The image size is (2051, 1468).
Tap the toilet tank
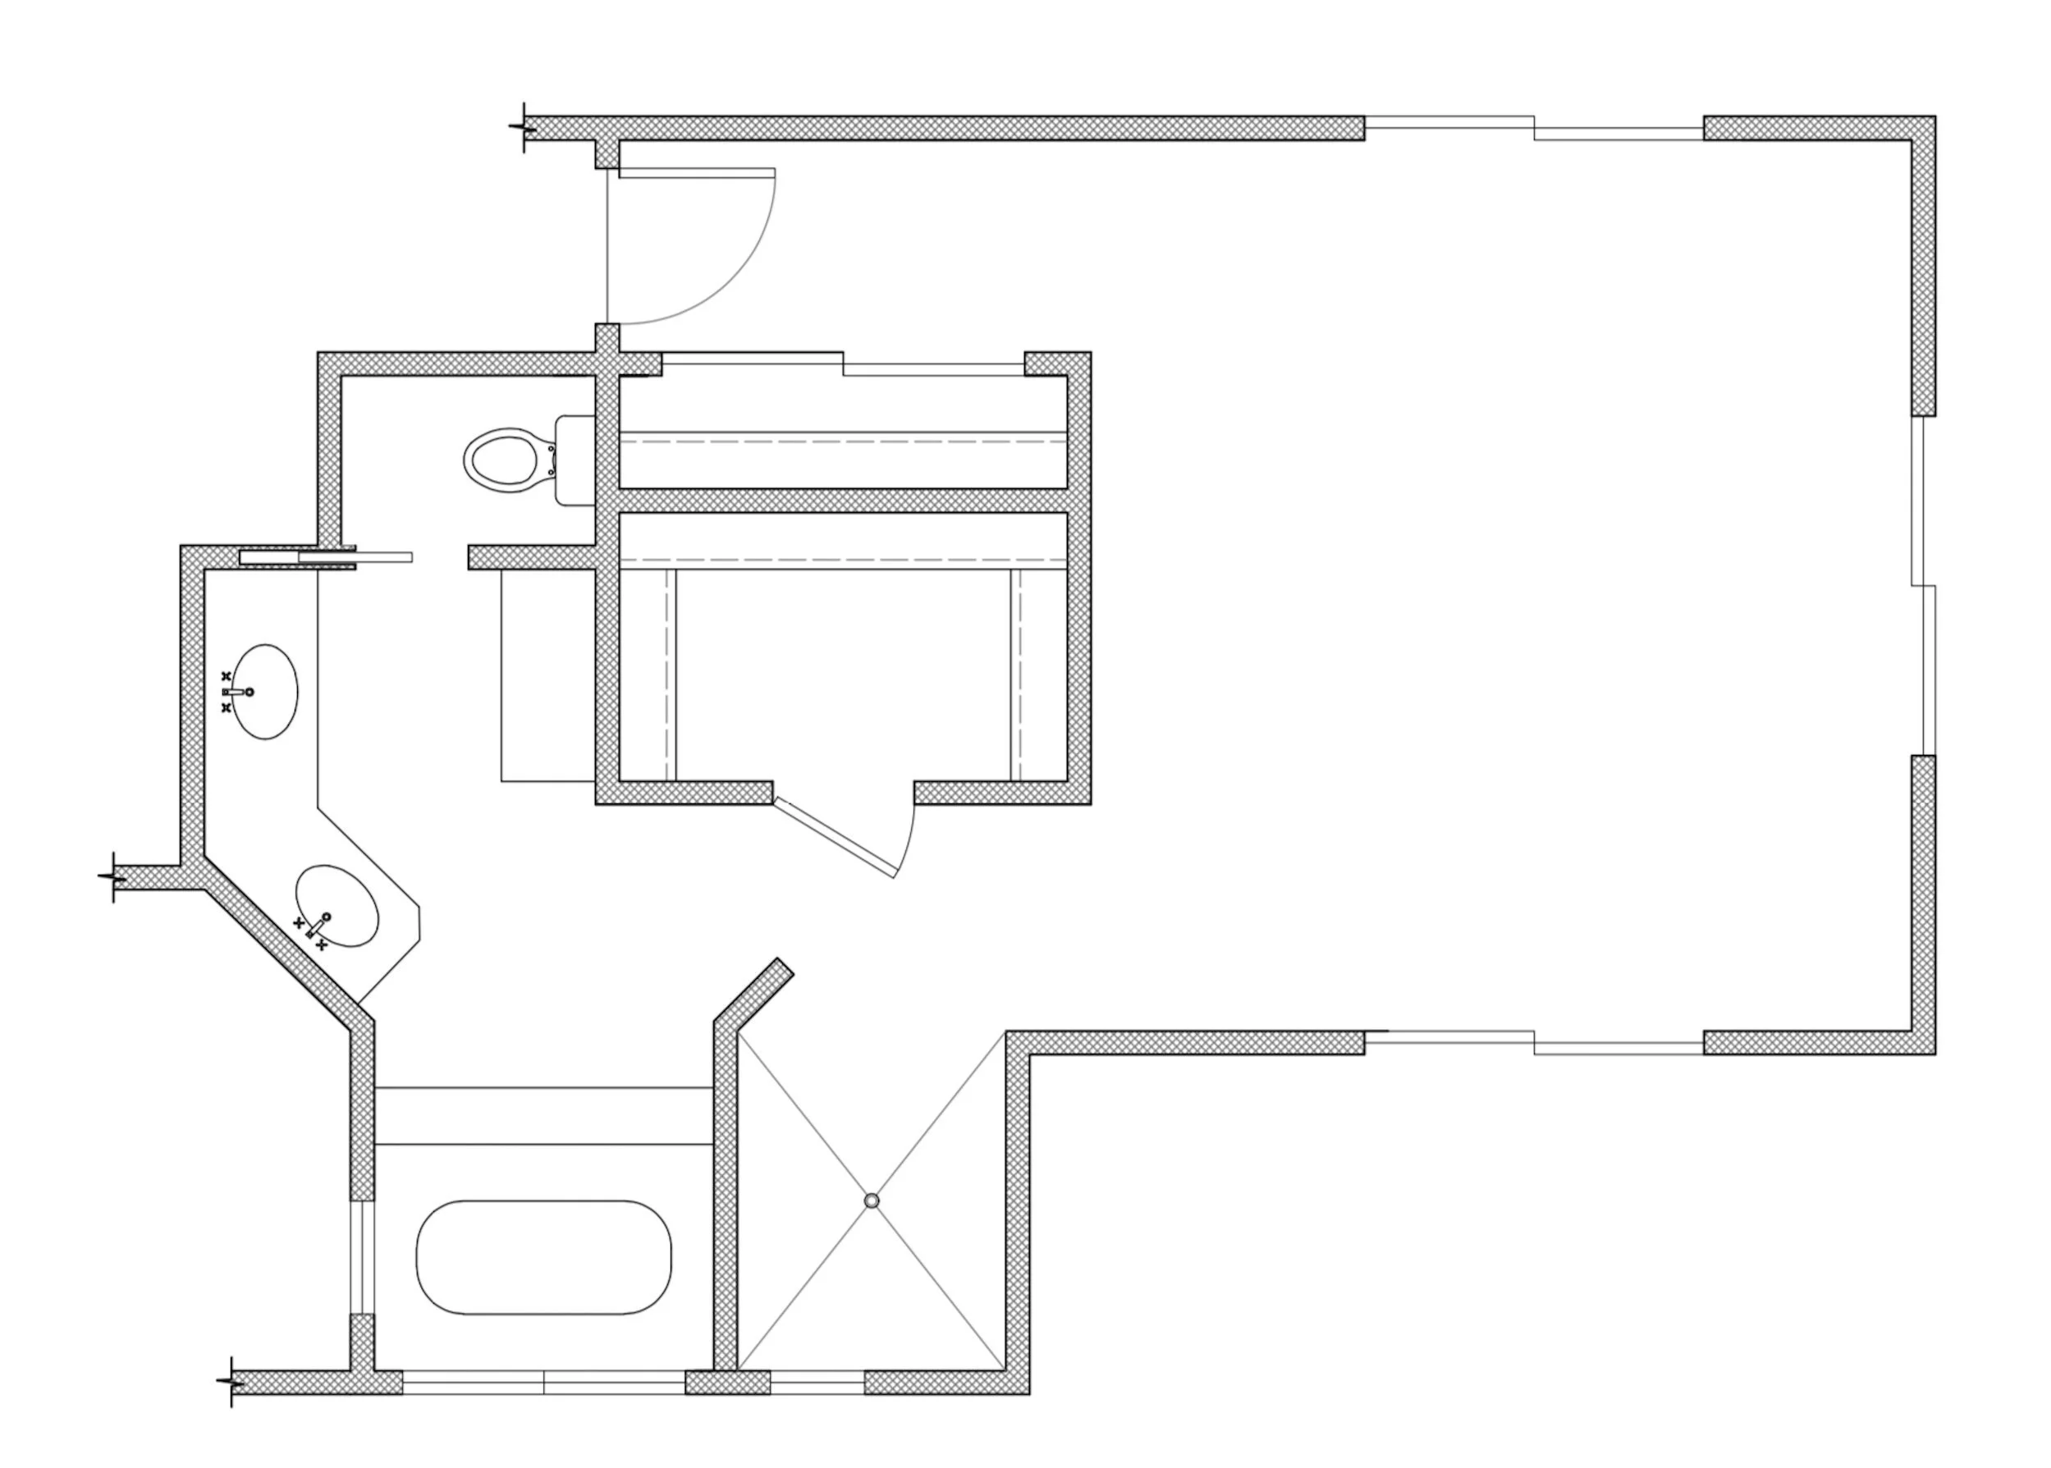(x=573, y=460)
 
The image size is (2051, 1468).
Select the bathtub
(x=543, y=1256)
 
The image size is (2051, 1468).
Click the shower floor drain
(x=872, y=1200)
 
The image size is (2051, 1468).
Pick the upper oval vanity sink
(x=267, y=692)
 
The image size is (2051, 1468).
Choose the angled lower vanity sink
(x=337, y=906)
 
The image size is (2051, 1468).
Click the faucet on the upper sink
(x=240, y=692)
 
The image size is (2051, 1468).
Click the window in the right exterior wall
(x=1924, y=585)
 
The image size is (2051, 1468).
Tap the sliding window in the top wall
(x=1533, y=128)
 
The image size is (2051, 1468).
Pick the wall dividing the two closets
(x=842, y=501)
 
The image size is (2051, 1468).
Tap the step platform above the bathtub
(x=543, y=1115)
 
